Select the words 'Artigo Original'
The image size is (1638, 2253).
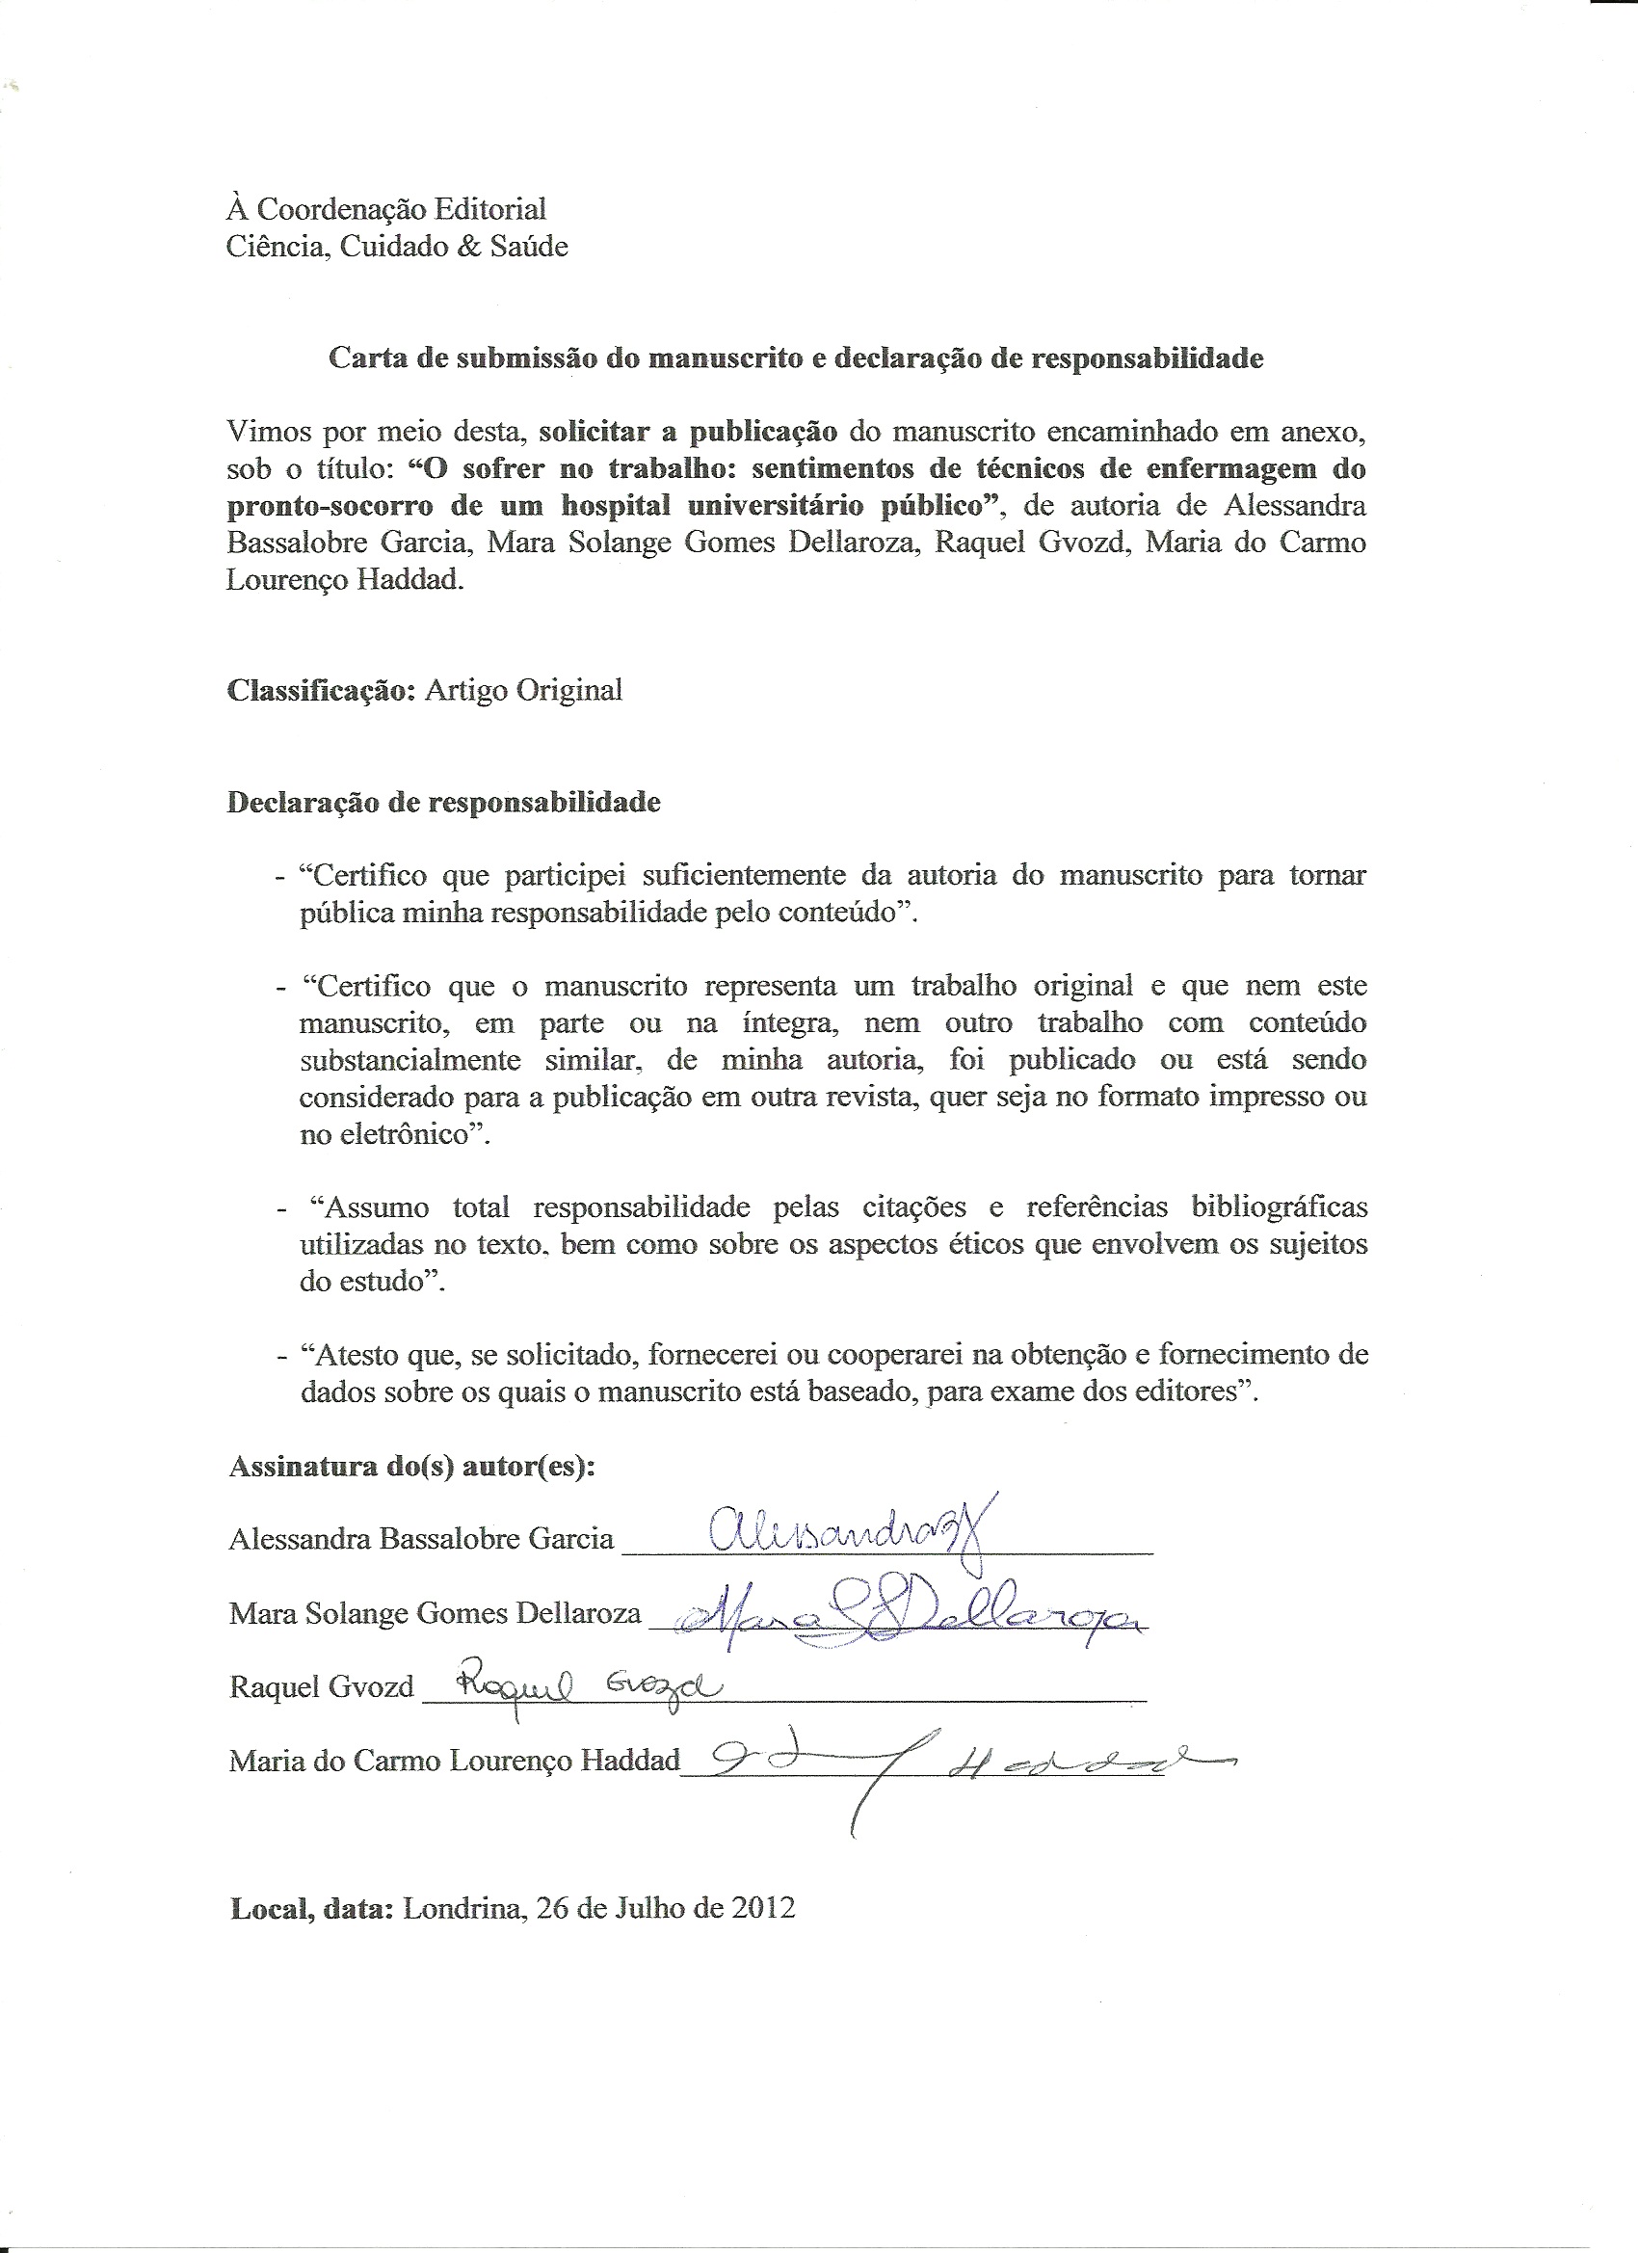pyautogui.click(x=523, y=689)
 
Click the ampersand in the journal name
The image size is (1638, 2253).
pyautogui.click(x=467, y=247)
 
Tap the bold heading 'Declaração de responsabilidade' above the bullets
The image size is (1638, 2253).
pyautogui.click(x=444, y=802)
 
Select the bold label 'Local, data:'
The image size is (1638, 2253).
pyautogui.click(x=312, y=1908)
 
